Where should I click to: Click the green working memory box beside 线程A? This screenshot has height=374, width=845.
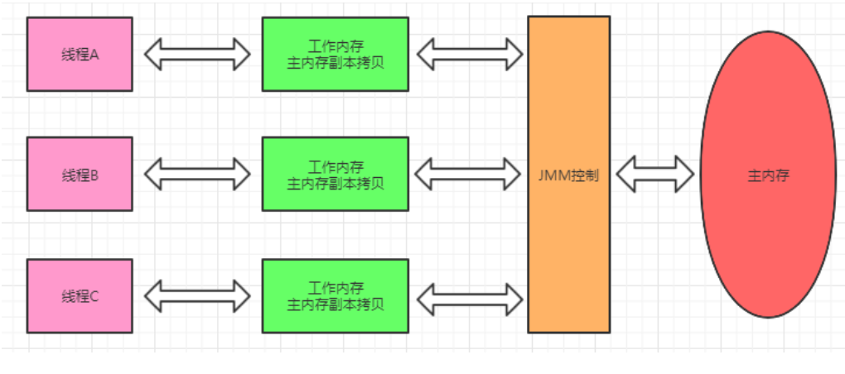tap(335, 54)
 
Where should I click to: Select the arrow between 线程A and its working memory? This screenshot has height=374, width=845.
tap(196, 54)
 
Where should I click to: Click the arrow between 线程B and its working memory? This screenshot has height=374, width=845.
tap(196, 174)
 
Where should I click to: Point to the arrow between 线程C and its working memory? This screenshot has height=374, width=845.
tap(196, 295)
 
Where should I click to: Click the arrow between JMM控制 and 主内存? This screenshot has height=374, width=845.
tap(654, 175)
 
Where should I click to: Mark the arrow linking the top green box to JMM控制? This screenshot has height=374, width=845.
tap(469, 54)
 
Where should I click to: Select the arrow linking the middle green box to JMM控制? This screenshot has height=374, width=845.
tap(469, 174)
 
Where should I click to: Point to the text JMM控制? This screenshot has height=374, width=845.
tap(568, 175)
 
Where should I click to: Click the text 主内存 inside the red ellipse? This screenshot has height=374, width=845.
tap(767, 175)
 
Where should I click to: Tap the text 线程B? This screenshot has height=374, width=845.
tap(80, 175)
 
